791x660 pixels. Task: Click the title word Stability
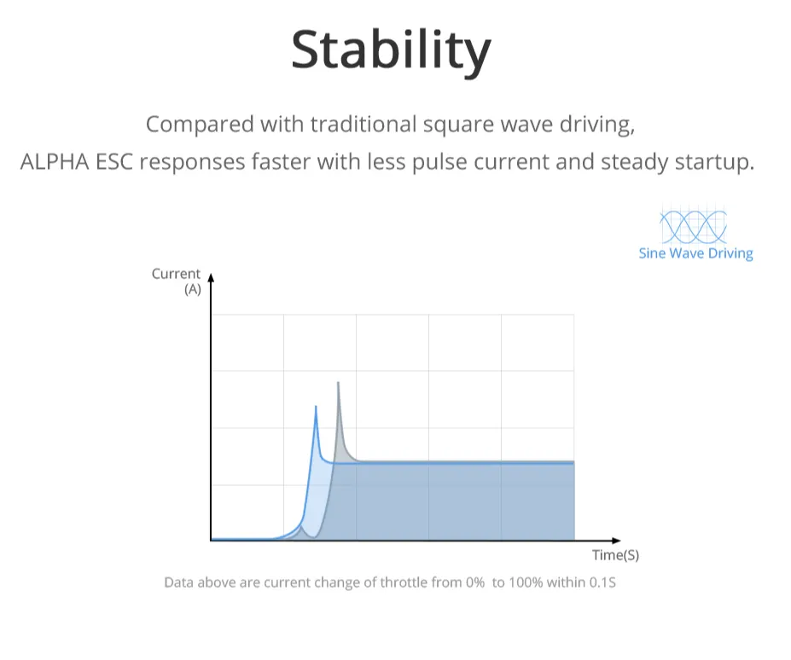tap(391, 51)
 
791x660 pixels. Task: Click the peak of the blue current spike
tap(316, 407)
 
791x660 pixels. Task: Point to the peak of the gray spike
tap(338, 383)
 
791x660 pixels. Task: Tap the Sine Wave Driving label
tap(695, 253)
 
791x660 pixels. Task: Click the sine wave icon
tap(693, 226)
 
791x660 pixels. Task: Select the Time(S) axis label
tap(615, 555)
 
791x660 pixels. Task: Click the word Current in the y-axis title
tap(176, 274)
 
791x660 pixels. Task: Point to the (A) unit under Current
tap(193, 289)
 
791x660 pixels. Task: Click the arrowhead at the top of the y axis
tap(212, 278)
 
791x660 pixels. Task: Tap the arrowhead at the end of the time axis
tap(616, 541)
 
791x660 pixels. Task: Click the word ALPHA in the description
tap(55, 162)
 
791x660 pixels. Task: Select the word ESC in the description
tap(114, 162)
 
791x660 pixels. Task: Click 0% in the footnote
tap(475, 582)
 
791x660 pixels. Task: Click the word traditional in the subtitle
tap(364, 124)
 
